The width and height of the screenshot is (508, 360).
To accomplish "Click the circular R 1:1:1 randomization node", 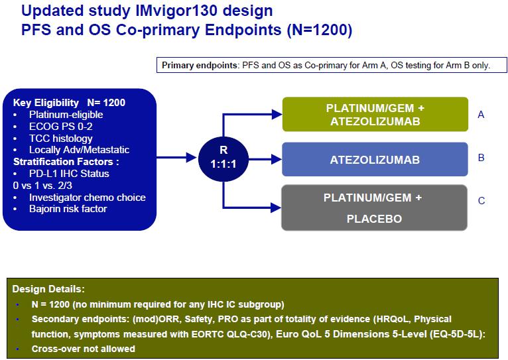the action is click(x=223, y=158).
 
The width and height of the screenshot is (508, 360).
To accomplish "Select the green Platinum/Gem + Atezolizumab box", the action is click(x=375, y=114).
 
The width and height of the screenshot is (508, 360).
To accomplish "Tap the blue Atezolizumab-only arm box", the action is click(x=375, y=159).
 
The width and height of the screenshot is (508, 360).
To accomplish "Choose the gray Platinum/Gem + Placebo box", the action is click(x=374, y=208).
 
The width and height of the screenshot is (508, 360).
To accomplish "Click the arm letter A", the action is click(x=481, y=115).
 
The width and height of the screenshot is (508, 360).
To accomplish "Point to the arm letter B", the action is click(x=481, y=158).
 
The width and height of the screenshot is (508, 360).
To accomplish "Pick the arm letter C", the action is click(x=481, y=201).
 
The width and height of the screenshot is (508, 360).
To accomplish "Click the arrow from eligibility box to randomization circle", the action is click(x=177, y=158).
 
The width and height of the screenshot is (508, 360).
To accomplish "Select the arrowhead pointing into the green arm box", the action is click(x=277, y=114).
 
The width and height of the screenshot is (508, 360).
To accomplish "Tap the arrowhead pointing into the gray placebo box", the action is click(x=276, y=208).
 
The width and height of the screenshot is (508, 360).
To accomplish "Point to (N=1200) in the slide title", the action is click(x=320, y=30).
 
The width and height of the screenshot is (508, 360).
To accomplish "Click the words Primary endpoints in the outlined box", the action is click(x=200, y=66).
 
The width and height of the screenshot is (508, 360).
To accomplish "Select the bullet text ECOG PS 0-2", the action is click(x=60, y=126).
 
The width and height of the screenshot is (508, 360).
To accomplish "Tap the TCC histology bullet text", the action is click(x=61, y=139).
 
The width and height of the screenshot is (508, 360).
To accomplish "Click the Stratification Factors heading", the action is click(x=66, y=162).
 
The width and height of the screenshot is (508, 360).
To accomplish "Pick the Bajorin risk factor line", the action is click(x=68, y=209).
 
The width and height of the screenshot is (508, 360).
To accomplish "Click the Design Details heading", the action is click(x=48, y=289).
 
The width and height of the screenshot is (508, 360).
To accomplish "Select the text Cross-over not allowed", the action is click(x=84, y=349).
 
